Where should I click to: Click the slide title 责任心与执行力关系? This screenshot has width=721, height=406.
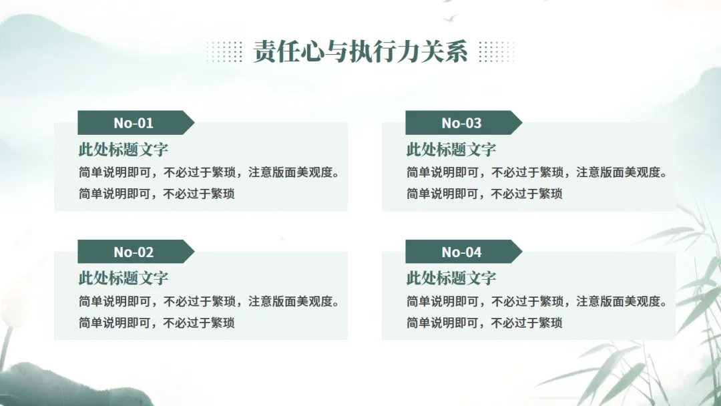(360, 51)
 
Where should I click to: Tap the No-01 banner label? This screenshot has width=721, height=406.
(134, 123)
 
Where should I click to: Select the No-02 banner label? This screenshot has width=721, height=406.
(134, 252)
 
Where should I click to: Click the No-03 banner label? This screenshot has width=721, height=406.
(461, 123)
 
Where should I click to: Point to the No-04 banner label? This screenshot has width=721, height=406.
(461, 252)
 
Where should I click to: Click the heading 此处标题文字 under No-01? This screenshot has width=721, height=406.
(124, 150)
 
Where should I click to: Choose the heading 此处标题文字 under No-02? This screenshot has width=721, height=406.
(124, 278)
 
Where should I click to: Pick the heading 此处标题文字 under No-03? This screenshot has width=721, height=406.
(451, 150)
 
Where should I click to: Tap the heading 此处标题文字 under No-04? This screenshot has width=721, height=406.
(451, 278)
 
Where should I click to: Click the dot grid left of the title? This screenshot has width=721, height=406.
(224, 51)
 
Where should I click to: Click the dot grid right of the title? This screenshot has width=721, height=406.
(497, 51)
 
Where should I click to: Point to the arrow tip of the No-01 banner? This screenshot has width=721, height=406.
(194, 123)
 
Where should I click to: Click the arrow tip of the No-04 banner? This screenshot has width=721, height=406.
(522, 252)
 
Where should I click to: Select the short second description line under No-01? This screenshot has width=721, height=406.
(157, 194)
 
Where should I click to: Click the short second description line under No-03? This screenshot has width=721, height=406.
(484, 194)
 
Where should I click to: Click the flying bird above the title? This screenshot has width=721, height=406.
(450, 19)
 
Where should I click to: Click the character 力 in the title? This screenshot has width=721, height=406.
(409, 51)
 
